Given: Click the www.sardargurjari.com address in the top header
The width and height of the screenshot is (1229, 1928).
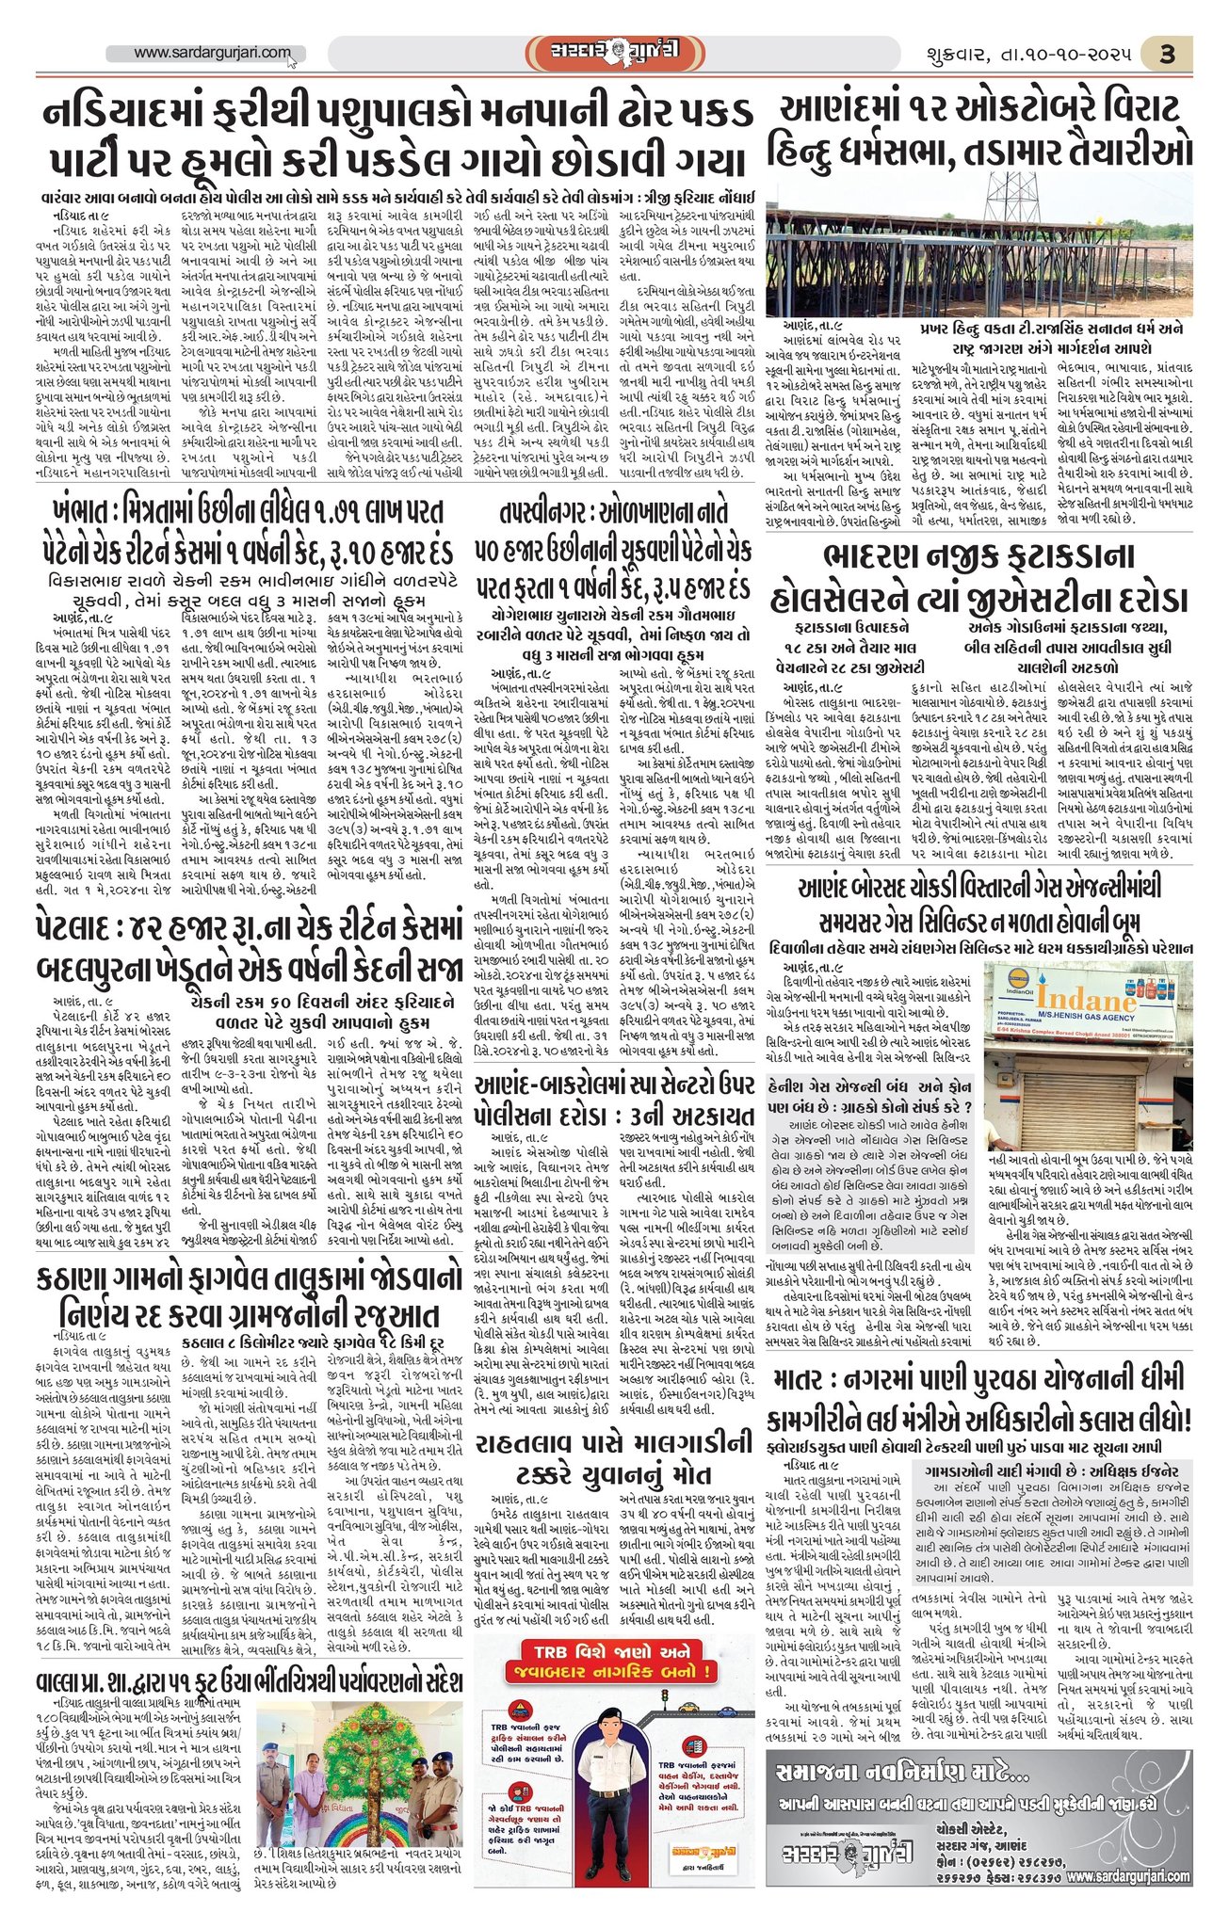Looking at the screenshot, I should [212, 54].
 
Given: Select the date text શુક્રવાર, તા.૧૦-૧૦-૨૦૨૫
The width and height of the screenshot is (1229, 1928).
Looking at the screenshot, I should [1026, 55].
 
